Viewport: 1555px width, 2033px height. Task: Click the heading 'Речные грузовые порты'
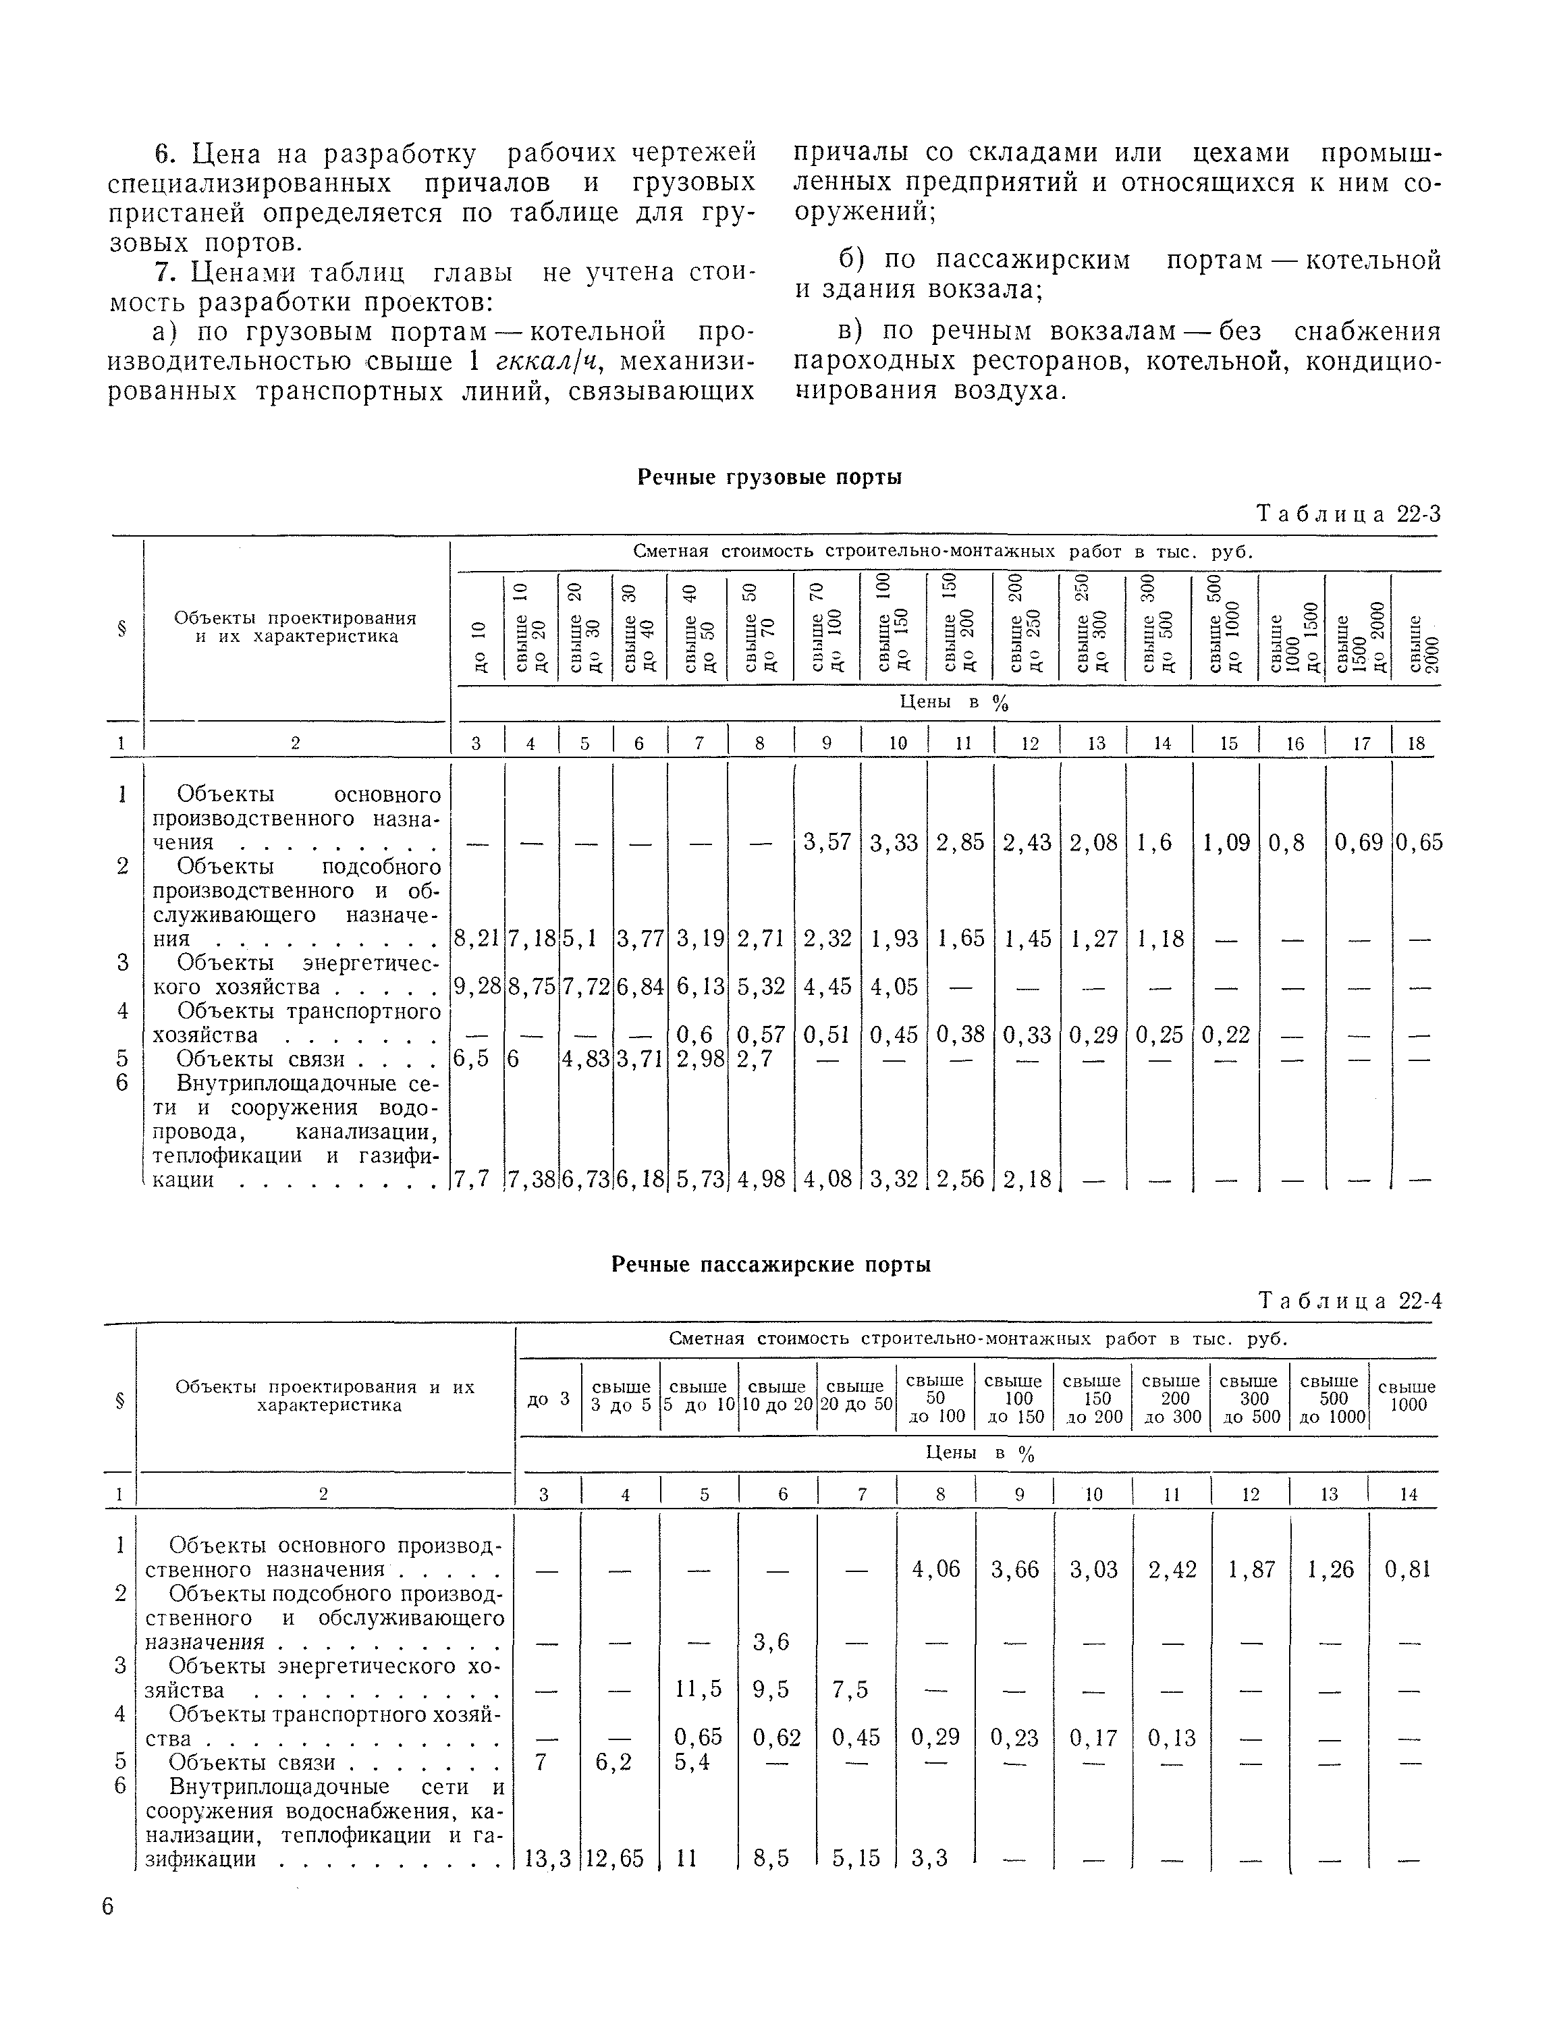point(770,478)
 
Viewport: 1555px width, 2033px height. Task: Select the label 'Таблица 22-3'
point(1348,515)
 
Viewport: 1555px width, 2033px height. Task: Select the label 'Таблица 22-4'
point(1351,1301)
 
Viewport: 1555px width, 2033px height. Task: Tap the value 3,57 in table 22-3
point(827,842)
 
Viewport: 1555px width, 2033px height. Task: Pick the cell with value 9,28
point(476,987)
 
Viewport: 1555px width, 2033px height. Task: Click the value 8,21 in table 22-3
point(476,939)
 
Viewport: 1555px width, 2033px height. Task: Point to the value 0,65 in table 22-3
point(1418,842)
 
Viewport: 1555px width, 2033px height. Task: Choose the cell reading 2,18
point(1027,1179)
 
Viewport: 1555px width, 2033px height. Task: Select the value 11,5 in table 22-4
point(698,1689)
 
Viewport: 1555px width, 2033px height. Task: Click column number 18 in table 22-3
point(1416,742)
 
